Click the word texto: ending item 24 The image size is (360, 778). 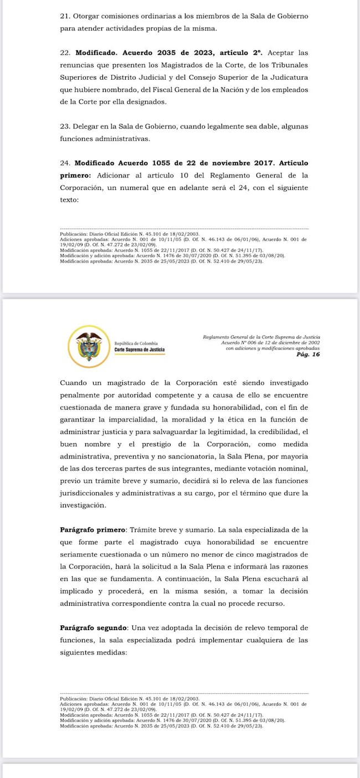click(x=69, y=200)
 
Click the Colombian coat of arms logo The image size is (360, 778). click(x=89, y=347)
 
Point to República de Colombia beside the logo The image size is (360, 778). click(x=136, y=343)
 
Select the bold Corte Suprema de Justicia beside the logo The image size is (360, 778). click(x=139, y=350)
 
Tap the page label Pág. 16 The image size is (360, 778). click(x=308, y=354)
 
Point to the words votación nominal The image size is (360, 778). click(x=260, y=468)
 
